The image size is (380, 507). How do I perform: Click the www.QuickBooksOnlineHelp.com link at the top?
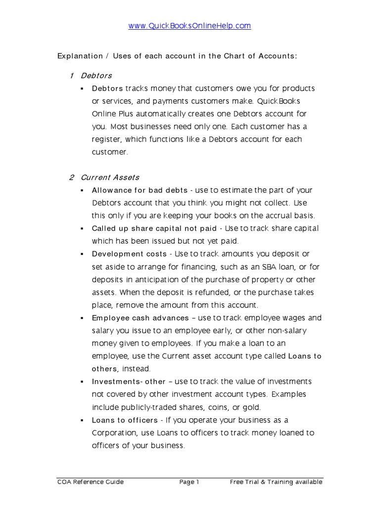pyautogui.click(x=190, y=26)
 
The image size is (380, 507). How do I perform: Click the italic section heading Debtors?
pyautogui.click(x=96, y=76)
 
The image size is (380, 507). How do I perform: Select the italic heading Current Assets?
pyautogui.click(x=110, y=177)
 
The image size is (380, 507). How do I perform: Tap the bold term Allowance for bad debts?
pyautogui.click(x=140, y=190)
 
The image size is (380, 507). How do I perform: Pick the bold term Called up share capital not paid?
pyautogui.click(x=154, y=228)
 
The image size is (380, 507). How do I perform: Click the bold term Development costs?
pyautogui.click(x=129, y=254)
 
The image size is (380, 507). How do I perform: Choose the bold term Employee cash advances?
pyautogui.click(x=141, y=318)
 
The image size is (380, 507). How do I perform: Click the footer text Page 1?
pyautogui.click(x=189, y=482)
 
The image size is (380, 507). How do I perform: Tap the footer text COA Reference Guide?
pyautogui.click(x=91, y=482)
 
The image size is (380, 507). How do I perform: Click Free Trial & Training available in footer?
pyautogui.click(x=276, y=482)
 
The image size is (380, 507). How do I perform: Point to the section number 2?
pyautogui.click(x=72, y=177)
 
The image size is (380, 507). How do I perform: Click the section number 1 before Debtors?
pyautogui.click(x=72, y=76)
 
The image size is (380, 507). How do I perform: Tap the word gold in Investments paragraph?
pyautogui.click(x=251, y=407)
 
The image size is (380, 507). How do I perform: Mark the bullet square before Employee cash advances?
pyautogui.click(x=81, y=318)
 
